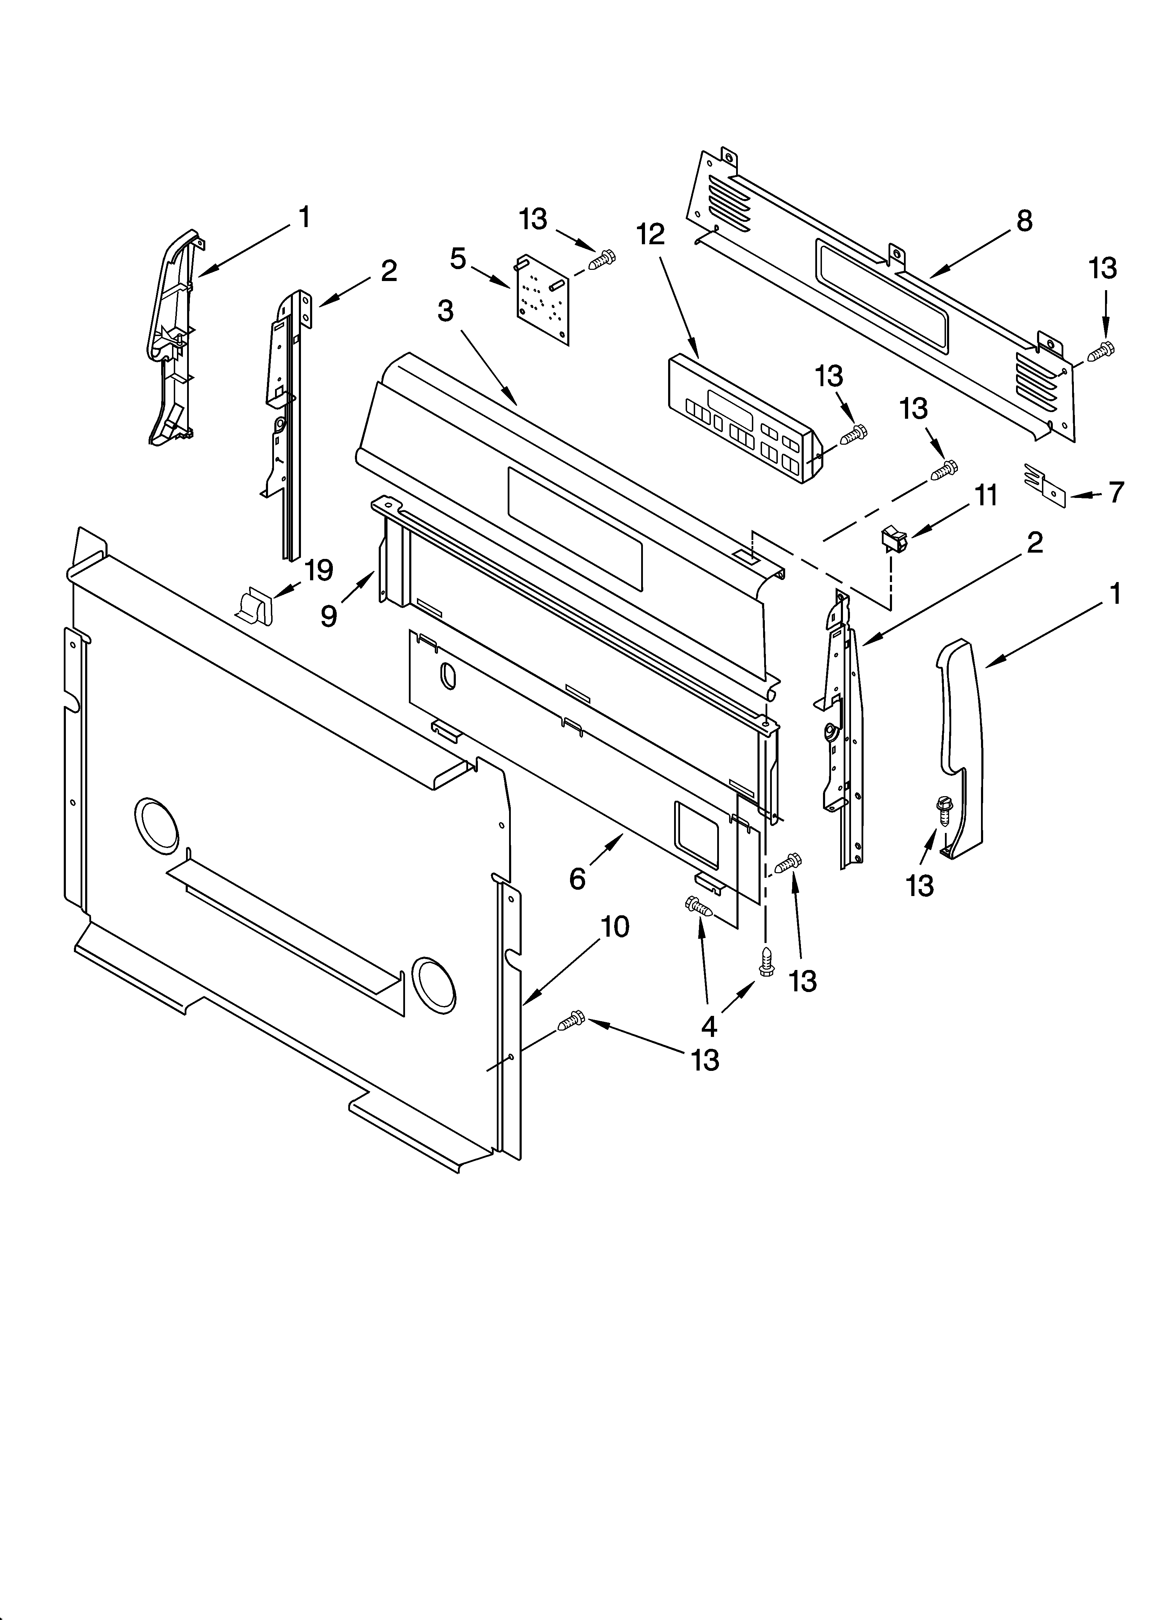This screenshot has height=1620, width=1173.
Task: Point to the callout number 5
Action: point(458,259)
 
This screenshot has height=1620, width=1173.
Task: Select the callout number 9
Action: point(328,615)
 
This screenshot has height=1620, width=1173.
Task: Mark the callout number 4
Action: point(709,1026)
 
